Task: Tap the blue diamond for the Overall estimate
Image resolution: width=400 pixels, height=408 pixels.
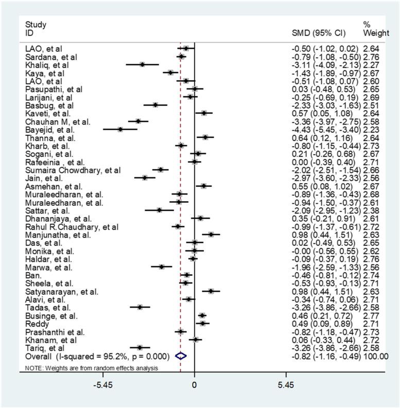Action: click(x=181, y=356)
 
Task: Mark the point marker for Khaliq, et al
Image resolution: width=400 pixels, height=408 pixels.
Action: click(x=142, y=65)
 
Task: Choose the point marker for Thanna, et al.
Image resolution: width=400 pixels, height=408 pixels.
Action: click(x=205, y=137)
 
